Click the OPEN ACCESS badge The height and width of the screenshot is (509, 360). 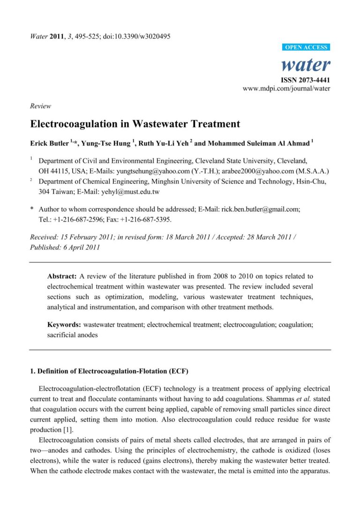[306, 47]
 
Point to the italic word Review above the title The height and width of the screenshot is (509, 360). [40, 106]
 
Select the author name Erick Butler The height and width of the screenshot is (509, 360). [50, 142]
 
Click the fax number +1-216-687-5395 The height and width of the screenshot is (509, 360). [144, 219]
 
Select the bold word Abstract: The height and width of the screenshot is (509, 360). [64, 277]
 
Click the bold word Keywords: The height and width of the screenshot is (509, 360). [65, 324]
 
